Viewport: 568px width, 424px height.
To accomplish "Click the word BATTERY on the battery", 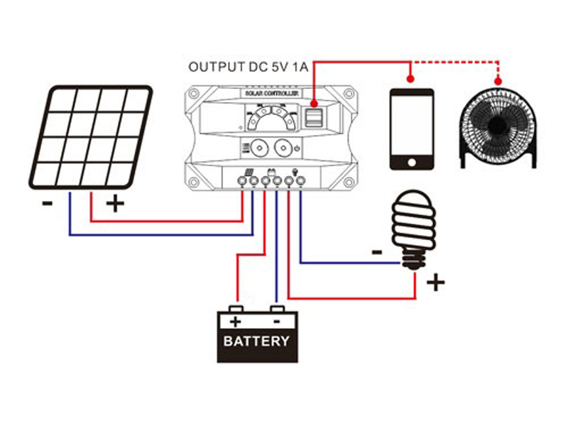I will click(256, 341).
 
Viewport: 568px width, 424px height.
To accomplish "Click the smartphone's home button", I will click(411, 162).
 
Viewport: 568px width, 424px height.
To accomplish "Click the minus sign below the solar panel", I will click(47, 203).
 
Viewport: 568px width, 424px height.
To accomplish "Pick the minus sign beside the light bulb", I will click(376, 251).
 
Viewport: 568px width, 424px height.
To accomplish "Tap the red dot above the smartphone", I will click(410, 78).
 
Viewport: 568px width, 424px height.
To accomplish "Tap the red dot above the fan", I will click(498, 78).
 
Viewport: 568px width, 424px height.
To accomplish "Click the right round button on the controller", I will click(283, 150).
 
